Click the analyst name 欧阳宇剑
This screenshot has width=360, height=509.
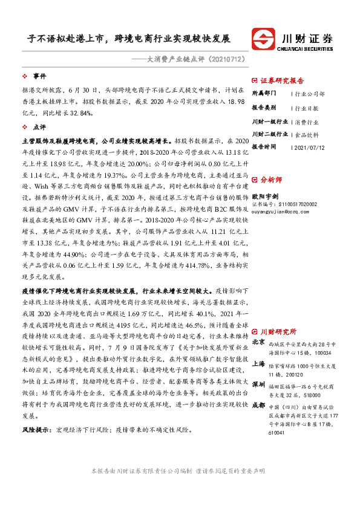point(266,196)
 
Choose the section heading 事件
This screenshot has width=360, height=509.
point(39,76)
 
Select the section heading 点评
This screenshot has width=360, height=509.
point(39,127)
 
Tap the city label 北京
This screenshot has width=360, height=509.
point(258,342)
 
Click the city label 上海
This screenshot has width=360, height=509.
point(258,363)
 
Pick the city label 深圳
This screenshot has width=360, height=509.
point(258,384)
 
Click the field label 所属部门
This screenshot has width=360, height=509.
point(264,94)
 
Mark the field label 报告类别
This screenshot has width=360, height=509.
point(264,108)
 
